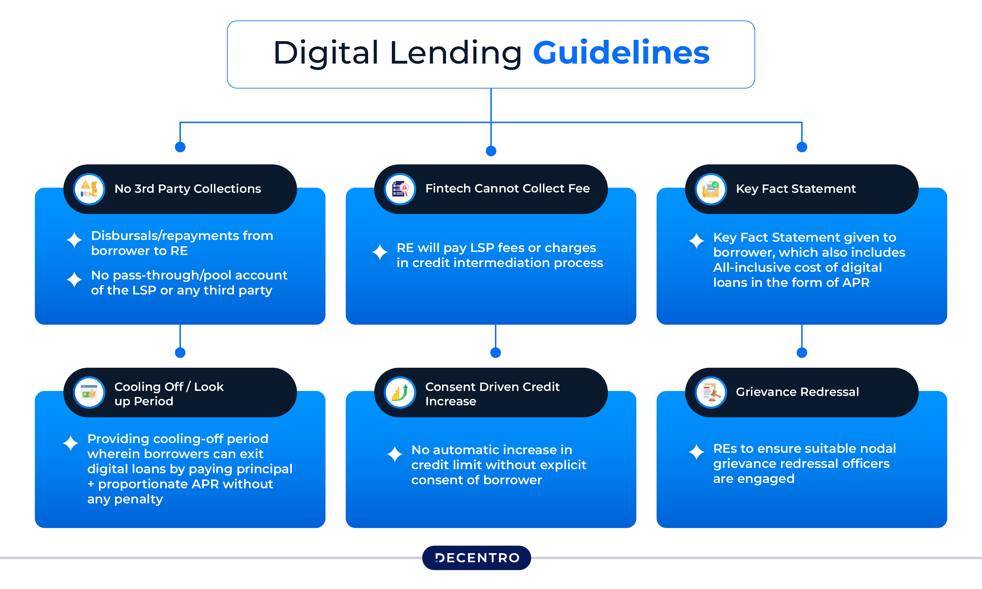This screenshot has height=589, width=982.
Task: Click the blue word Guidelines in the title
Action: (x=621, y=53)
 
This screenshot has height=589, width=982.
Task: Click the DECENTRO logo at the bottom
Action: (x=476, y=558)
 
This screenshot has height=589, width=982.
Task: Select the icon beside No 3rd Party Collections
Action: (x=89, y=189)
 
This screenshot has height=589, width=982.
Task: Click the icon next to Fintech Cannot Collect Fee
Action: (x=400, y=189)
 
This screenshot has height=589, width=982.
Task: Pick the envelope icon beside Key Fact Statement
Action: (x=711, y=189)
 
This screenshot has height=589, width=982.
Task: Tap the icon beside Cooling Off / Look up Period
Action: (x=89, y=392)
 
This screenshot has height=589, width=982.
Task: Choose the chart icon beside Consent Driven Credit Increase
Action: (x=400, y=392)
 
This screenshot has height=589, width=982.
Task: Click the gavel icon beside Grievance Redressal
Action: (x=711, y=392)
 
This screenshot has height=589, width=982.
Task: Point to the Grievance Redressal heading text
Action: (x=797, y=392)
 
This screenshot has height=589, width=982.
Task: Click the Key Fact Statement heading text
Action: (x=796, y=188)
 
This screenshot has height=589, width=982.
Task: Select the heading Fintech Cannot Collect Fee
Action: (x=508, y=188)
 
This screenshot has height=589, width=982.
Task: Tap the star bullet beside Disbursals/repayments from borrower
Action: (x=74, y=240)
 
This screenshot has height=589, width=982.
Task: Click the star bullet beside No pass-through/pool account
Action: (x=74, y=279)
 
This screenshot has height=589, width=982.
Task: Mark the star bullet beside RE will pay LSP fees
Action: (x=380, y=252)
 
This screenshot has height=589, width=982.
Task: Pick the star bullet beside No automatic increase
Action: (x=395, y=454)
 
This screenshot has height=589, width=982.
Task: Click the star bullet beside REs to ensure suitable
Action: (x=696, y=452)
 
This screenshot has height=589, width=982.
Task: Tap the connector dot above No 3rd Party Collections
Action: (x=180, y=147)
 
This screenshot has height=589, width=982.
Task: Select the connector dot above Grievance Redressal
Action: (x=802, y=352)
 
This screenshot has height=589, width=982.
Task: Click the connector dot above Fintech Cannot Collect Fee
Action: (x=491, y=151)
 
